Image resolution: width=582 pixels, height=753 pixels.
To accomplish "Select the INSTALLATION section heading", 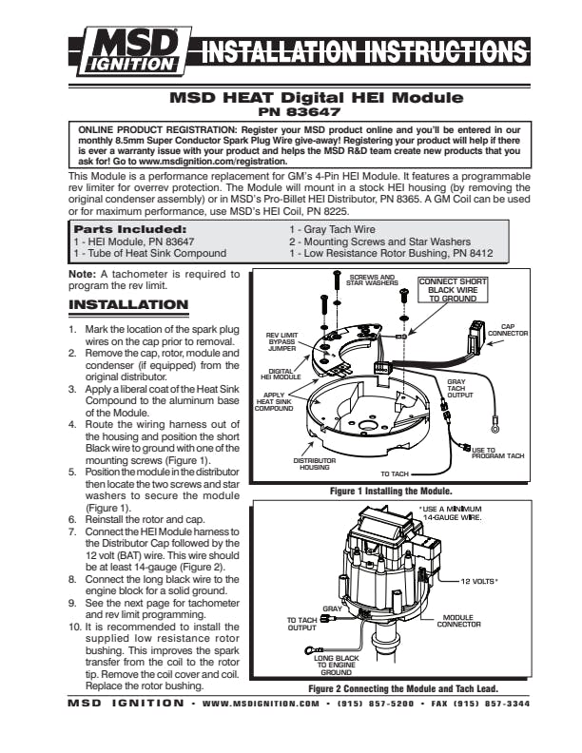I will point(128,305).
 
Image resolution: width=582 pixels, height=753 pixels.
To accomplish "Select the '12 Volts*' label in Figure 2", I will point(479,579).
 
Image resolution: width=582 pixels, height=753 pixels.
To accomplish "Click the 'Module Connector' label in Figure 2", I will point(458,620).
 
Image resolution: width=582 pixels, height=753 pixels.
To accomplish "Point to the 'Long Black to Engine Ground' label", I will point(336,664).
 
